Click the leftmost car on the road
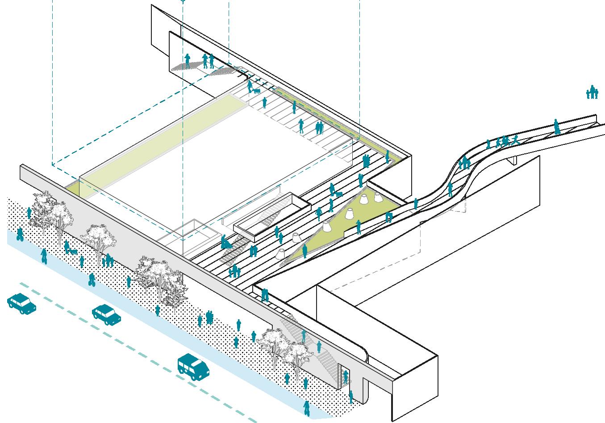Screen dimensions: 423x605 tap(21, 304)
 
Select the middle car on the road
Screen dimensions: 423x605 tap(106, 314)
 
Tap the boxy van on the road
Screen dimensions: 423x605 tap(193, 367)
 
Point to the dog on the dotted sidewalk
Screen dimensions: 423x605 tap(72, 252)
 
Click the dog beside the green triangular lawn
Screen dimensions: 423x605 tap(339, 194)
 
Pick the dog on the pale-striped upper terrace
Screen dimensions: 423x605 tap(256, 91)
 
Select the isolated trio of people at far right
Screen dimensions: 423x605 tap(592, 92)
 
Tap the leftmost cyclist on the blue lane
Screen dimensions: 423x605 tap(20, 234)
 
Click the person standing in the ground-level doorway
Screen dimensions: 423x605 tap(345, 376)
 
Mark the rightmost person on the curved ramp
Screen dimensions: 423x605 tap(556, 127)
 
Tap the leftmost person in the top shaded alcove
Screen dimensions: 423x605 tap(188, 61)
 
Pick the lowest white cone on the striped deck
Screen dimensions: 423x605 tap(282, 254)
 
